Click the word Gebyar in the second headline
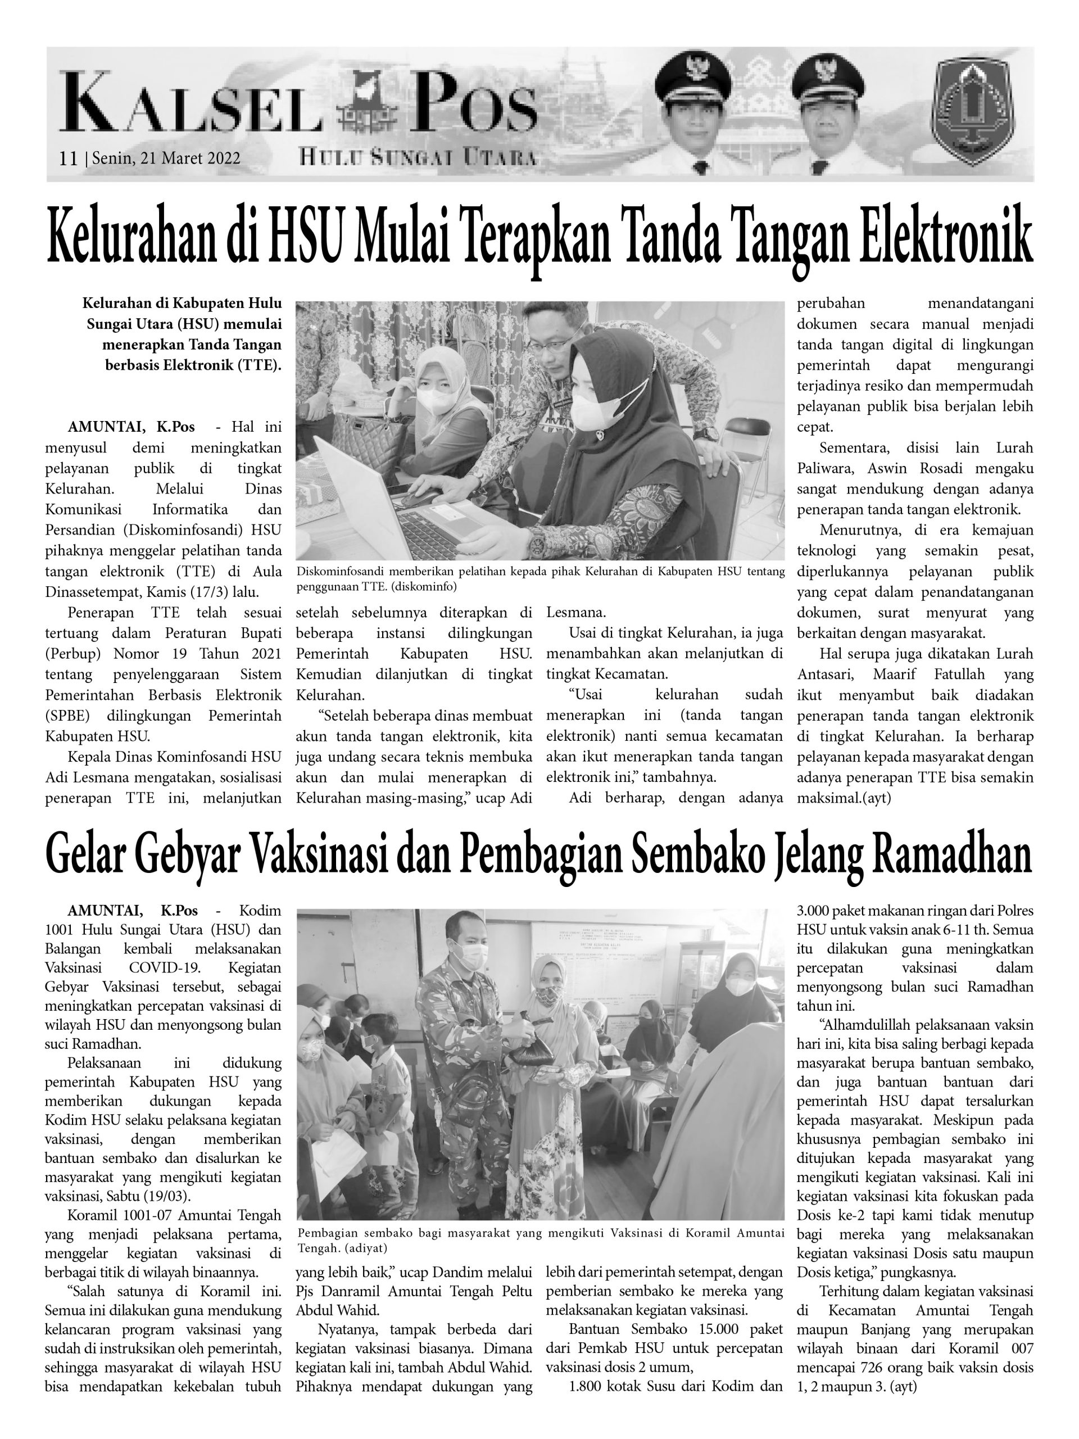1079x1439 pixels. click(202, 856)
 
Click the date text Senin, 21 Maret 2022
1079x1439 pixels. click(166, 158)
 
